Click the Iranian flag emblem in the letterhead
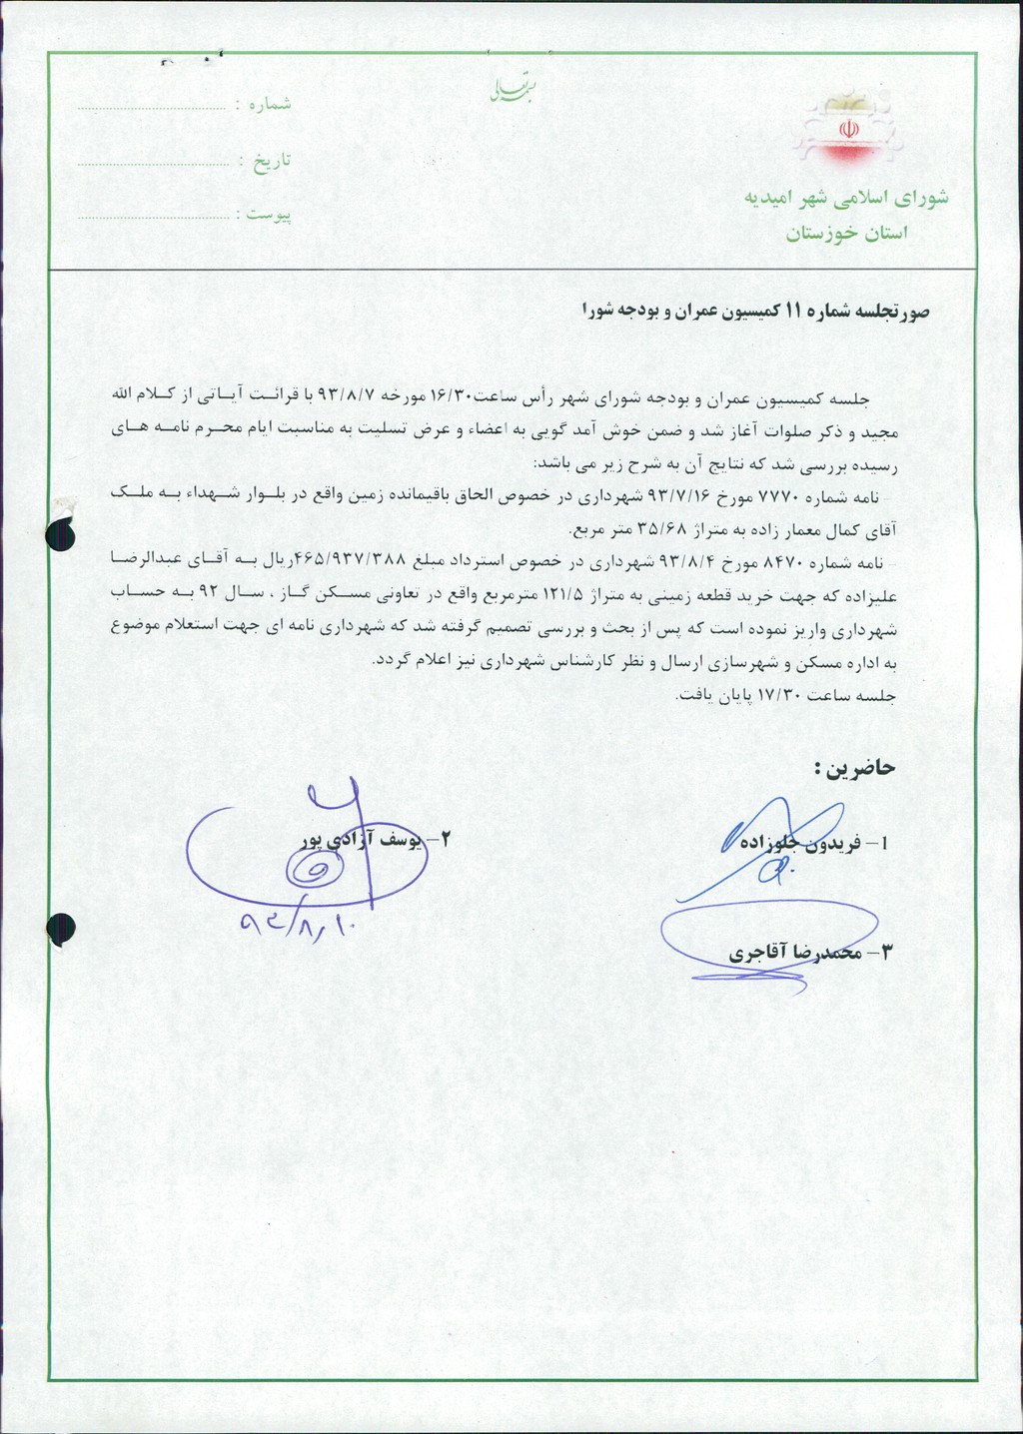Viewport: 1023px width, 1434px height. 847,131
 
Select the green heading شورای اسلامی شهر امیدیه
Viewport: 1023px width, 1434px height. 845,198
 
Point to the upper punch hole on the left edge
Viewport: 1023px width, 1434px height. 62,537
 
